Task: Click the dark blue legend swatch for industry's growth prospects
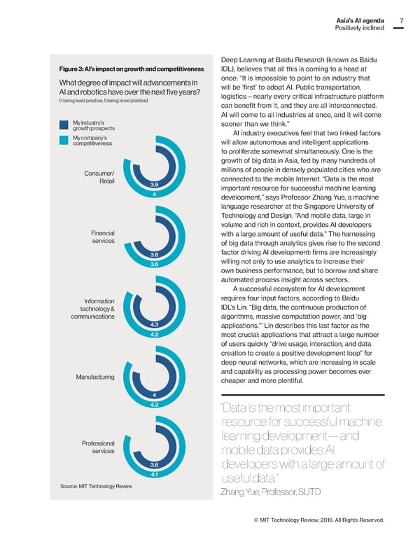[64, 126]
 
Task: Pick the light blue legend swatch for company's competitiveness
[64, 140]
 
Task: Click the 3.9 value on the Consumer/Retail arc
[153, 184]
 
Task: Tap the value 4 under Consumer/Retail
[153, 194]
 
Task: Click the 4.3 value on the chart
[153, 324]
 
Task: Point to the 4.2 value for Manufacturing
[153, 404]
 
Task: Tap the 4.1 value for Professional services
[153, 474]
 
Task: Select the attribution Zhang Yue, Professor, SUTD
[270, 491]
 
